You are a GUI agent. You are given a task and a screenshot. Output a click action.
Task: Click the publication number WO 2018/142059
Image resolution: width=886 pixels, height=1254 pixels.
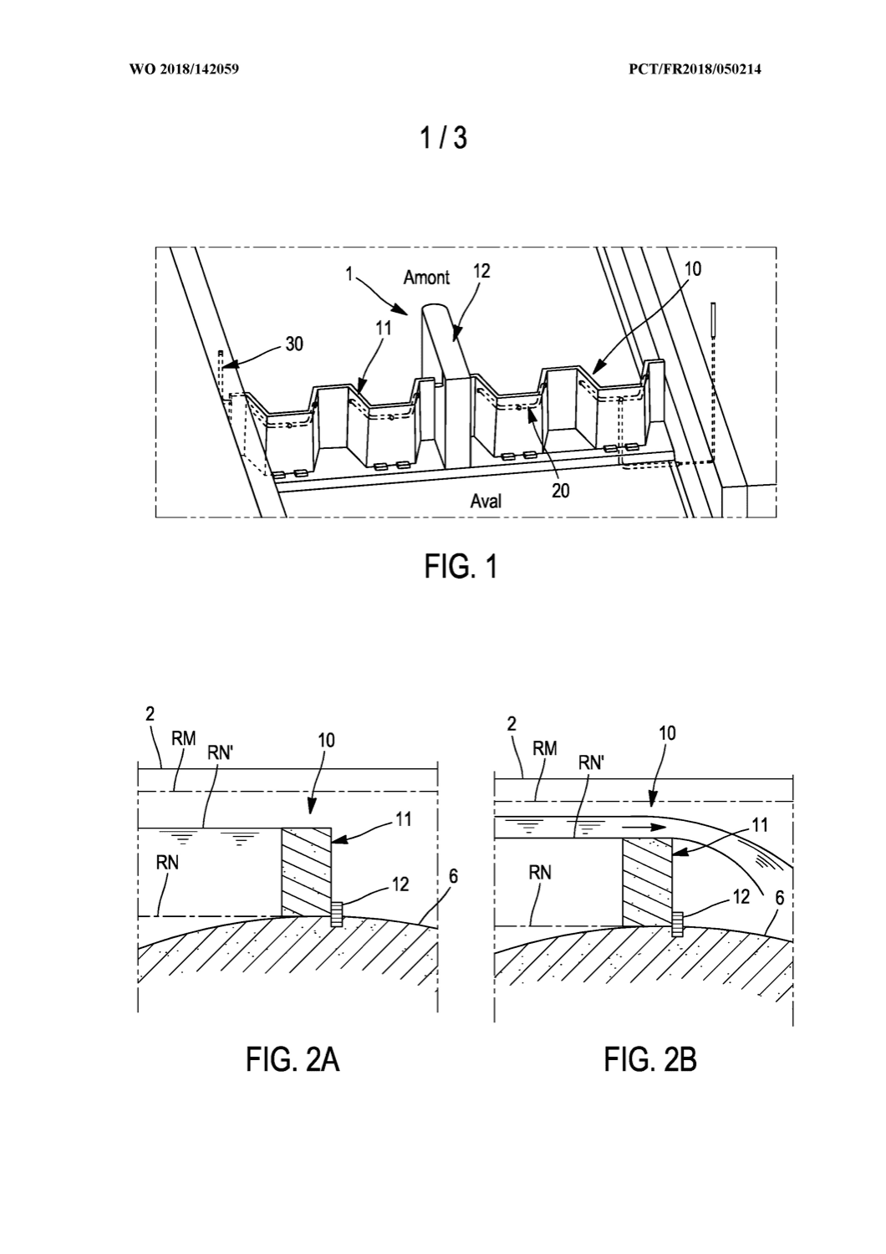click(184, 69)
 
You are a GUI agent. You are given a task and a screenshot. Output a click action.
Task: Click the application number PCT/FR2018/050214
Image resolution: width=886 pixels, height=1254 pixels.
click(695, 69)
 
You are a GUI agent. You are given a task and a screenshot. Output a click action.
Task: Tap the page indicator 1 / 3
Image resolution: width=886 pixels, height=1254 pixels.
click(443, 138)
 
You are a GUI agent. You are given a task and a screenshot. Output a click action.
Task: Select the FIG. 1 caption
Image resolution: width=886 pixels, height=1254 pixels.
click(461, 567)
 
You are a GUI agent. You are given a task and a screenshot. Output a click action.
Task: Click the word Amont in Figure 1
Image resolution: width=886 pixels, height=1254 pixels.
click(426, 277)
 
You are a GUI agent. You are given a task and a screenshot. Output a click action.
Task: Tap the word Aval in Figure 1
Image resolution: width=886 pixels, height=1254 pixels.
click(486, 501)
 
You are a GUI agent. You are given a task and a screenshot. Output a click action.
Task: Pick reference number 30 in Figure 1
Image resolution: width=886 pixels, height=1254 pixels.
click(294, 344)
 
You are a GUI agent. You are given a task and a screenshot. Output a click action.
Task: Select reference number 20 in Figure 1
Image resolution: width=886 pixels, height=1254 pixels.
click(560, 491)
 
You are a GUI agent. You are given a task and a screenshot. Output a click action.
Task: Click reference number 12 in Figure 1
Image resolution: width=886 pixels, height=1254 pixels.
click(481, 271)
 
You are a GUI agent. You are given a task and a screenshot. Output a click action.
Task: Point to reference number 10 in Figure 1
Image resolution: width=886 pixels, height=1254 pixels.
click(692, 269)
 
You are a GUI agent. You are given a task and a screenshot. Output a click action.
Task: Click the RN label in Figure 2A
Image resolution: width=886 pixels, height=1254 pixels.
click(167, 863)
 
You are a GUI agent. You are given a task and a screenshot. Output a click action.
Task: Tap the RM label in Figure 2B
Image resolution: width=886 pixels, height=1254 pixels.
click(545, 748)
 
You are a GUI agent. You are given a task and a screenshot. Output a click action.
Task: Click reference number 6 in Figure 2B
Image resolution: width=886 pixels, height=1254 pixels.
click(780, 898)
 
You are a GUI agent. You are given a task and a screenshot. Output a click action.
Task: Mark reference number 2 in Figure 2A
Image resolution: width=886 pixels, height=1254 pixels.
click(150, 714)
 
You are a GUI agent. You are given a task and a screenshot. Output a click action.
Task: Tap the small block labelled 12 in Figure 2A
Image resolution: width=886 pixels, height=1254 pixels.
click(336, 914)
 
